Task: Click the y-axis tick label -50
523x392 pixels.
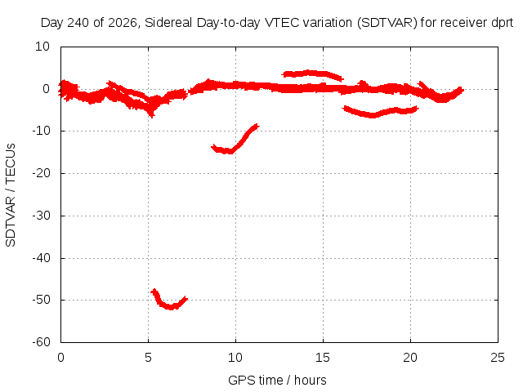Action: pyautogui.click(x=41, y=300)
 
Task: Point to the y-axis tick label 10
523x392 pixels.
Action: pyautogui.click(x=42, y=47)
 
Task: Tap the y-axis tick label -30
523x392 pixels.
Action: pyautogui.click(x=41, y=216)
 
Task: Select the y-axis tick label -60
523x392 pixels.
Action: pyautogui.click(x=41, y=341)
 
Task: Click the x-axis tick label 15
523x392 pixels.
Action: pyautogui.click(x=323, y=358)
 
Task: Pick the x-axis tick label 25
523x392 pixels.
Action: pyautogui.click(x=498, y=358)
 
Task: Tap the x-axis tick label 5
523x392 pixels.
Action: pyautogui.click(x=148, y=358)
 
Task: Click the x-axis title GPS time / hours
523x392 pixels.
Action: pyautogui.click(x=277, y=380)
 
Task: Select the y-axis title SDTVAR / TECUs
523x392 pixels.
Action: pyautogui.click(x=11, y=195)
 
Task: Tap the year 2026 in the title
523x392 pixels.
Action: pyautogui.click(x=123, y=23)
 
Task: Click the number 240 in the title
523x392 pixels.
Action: pyautogui.click(x=78, y=23)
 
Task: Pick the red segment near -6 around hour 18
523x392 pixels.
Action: pyautogui.click(x=380, y=113)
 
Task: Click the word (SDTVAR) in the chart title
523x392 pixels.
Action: pyautogui.click(x=387, y=23)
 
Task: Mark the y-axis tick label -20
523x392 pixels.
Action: pyautogui.click(x=41, y=173)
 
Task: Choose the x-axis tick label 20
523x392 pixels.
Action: pyautogui.click(x=410, y=358)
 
